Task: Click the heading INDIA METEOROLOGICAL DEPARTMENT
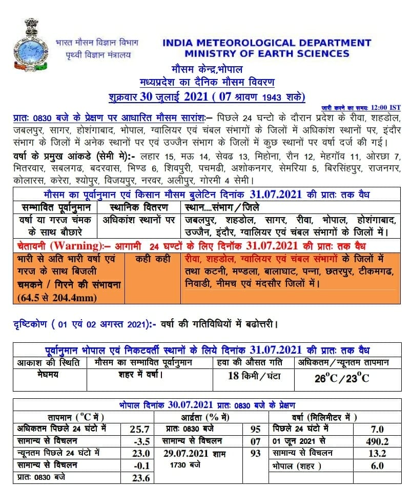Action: click(266, 43)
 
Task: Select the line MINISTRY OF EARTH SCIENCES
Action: click(266, 53)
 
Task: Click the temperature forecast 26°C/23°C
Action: click(342, 379)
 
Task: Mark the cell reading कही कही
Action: click(153, 259)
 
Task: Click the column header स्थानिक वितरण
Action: click(138, 207)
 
